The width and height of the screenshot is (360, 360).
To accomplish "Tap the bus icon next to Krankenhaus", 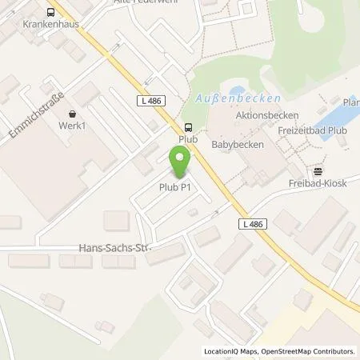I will click(x=51, y=12).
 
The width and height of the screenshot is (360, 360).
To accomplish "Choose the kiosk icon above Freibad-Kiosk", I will click(x=318, y=170).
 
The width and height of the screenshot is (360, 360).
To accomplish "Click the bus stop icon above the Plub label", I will click(x=188, y=126).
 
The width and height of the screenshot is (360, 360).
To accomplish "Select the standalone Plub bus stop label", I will click(x=188, y=138).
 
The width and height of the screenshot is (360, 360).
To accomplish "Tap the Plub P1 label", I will click(x=174, y=187).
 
